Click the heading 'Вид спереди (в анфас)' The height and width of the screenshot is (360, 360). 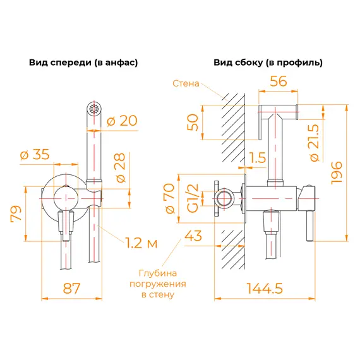pos(83,63)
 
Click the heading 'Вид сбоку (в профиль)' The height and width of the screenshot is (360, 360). pos(268,63)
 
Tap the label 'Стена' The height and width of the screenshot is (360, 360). pos(186,84)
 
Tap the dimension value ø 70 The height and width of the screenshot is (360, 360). pos(169,197)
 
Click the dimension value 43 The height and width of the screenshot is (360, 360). pos(193,237)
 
